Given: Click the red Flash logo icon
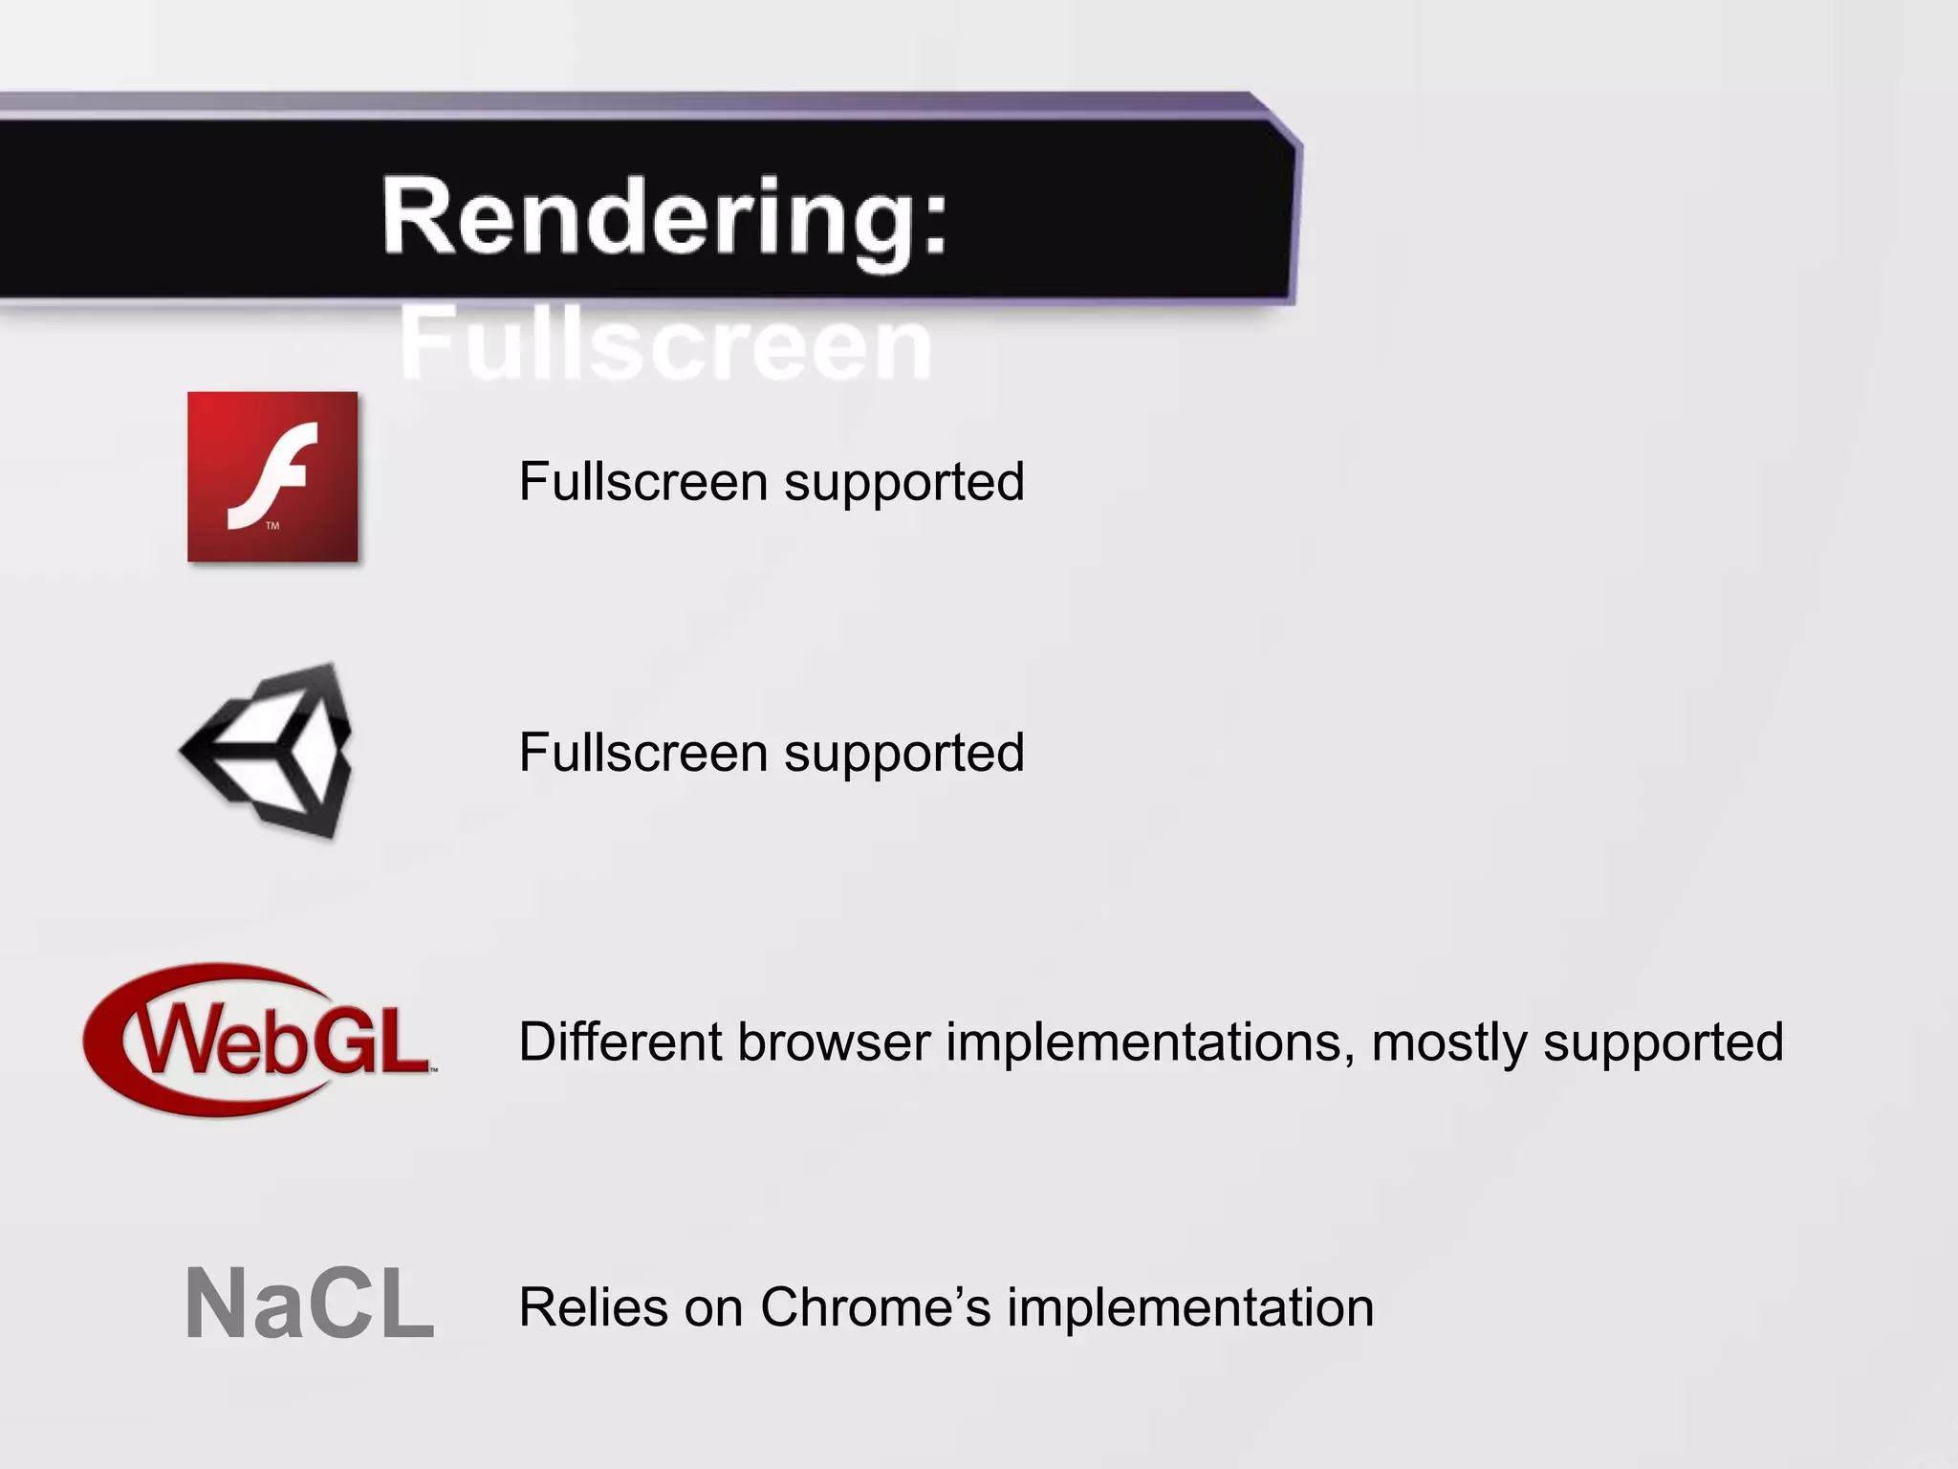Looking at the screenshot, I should pos(272,476).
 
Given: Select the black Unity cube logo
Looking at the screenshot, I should pos(268,751).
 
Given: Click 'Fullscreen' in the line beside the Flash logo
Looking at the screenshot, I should pos(643,481).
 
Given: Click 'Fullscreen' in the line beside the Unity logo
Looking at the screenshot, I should pos(643,752).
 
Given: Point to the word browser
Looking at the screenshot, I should pos(834,1041).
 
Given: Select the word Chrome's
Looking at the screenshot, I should pos(876,1307).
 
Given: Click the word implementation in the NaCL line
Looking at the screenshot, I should pos(1190,1307).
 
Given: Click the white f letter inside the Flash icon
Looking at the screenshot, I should pos(272,472).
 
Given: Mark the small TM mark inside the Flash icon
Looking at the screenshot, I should pos(272,526).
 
